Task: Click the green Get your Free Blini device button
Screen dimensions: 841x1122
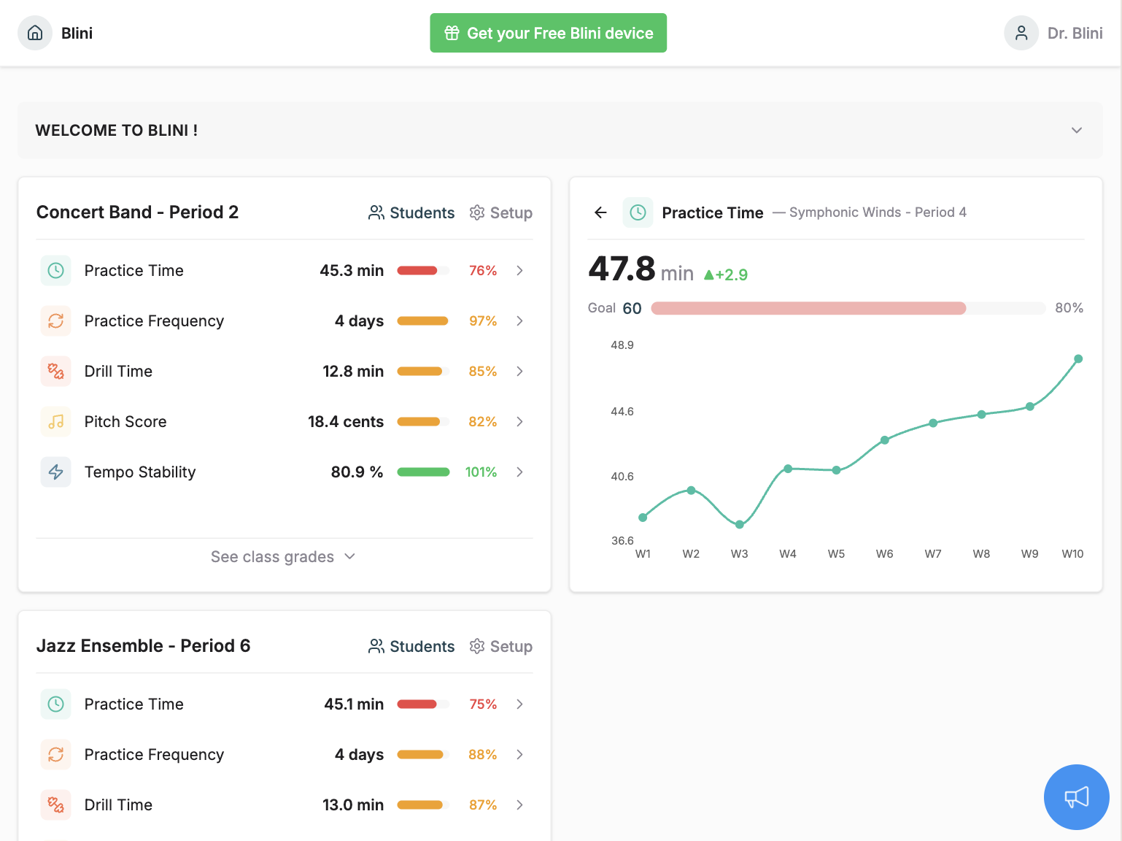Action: point(548,33)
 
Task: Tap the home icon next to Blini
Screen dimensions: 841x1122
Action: point(35,33)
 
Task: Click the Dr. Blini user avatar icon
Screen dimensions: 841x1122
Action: point(1021,33)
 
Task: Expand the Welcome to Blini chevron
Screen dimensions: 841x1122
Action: point(1076,131)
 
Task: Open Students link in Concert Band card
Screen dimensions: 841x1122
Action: point(411,212)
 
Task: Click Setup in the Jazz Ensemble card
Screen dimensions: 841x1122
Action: point(501,646)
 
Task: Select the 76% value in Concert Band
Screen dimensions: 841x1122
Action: point(482,271)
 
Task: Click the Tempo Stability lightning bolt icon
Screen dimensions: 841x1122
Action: point(55,472)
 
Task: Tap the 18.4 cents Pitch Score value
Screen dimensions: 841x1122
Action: point(345,422)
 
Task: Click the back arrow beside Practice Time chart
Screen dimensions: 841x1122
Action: point(600,212)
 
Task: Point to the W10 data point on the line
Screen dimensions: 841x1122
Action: point(1077,359)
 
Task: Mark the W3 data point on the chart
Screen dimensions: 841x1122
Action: point(739,524)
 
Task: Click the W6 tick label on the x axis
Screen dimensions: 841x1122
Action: point(884,554)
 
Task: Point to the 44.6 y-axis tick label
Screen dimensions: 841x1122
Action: point(622,412)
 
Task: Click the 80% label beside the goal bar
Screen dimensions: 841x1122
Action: point(1069,308)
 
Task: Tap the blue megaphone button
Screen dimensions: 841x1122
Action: point(1076,796)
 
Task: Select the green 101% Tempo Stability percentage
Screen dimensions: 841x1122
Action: point(481,472)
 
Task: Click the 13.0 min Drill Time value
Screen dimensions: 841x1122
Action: point(353,805)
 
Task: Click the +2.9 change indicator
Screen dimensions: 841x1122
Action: point(726,275)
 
